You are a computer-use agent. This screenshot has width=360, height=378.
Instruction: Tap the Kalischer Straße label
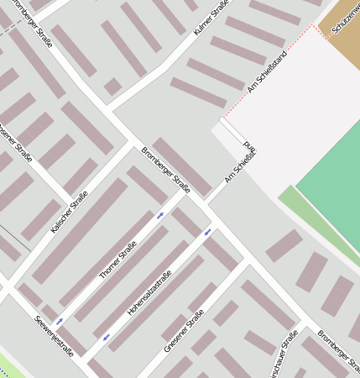[x=69, y=212]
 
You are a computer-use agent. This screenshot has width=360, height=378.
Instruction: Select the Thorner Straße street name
[x=117, y=260]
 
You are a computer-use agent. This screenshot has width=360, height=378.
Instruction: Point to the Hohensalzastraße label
[x=149, y=292]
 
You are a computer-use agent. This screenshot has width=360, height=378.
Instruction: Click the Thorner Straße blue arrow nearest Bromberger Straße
[x=159, y=216]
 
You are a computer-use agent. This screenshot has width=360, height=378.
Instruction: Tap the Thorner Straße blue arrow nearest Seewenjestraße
[x=58, y=321]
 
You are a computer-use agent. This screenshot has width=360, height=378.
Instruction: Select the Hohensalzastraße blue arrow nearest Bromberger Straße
[x=207, y=231]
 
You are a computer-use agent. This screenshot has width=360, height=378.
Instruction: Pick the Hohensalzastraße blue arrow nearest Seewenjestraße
[x=106, y=338]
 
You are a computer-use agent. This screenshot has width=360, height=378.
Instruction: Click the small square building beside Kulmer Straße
[x=112, y=87]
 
